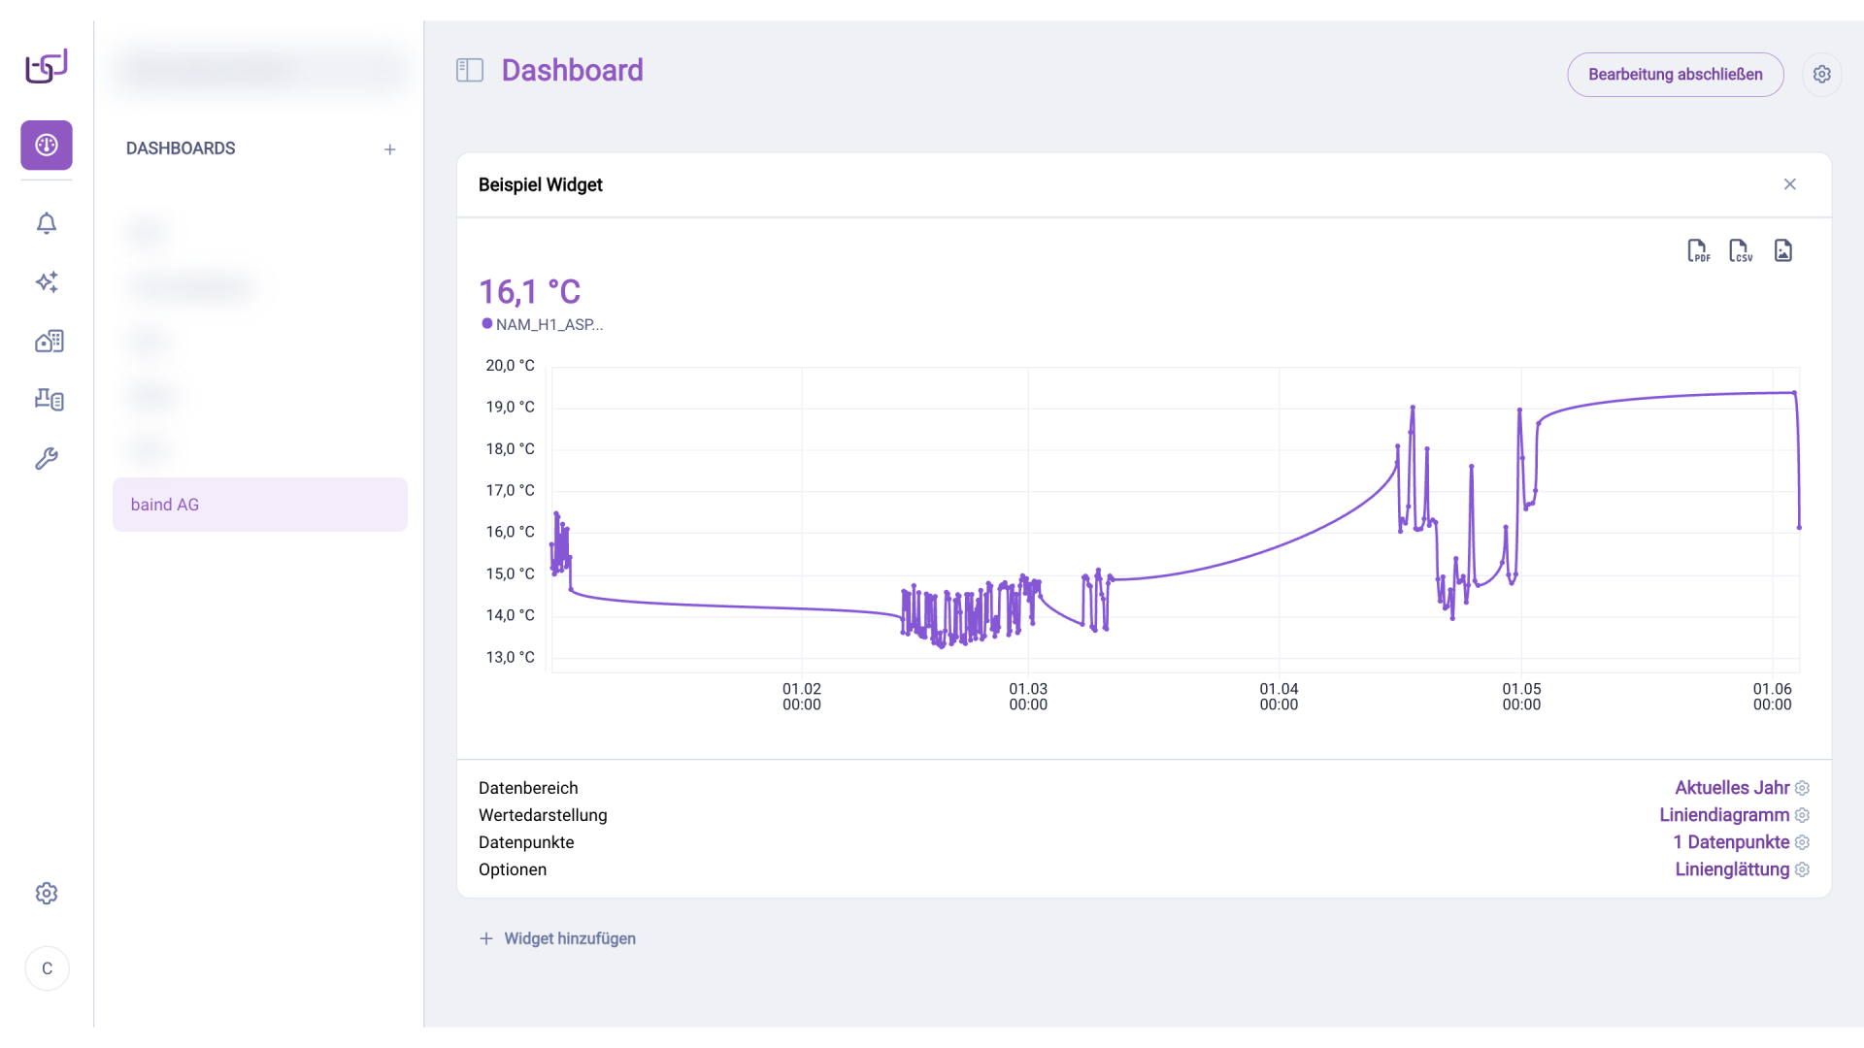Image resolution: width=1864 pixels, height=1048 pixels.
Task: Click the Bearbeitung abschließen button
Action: click(x=1675, y=75)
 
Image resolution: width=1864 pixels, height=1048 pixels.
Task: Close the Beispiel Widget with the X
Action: click(x=1789, y=184)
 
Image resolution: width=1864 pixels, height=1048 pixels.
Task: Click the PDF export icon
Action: click(x=1698, y=251)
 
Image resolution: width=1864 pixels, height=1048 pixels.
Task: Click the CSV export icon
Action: click(x=1741, y=251)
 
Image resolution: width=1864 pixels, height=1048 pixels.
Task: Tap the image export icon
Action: click(x=1783, y=251)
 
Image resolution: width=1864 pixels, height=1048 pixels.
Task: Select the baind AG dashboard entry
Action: click(x=259, y=505)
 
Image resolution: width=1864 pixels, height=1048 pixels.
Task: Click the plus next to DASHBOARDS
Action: click(x=389, y=149)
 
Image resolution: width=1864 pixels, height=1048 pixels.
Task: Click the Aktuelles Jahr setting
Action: click(x=1732, y=788)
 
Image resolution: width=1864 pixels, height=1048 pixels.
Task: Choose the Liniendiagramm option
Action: click(x=1724, y=815)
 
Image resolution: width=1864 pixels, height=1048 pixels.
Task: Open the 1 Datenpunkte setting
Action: click(x=1731, y=842)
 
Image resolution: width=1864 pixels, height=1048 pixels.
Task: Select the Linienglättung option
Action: click(x=1732, y=869)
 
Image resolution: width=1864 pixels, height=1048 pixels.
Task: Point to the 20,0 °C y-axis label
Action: click(x=510, y=366)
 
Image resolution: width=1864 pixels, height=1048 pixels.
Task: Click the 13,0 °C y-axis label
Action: click(x=510, y=657)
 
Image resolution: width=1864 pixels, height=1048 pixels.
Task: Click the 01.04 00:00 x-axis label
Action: click(x=1279, y=696)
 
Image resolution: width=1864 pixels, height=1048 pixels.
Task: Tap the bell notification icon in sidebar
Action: click(x=47, y=223)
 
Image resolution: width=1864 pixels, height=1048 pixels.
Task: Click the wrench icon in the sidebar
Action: click(x=47, y=458)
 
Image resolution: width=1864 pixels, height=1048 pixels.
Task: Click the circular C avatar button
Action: click(x=47, y=968)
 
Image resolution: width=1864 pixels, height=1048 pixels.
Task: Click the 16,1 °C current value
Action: click(x=529, y=292)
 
